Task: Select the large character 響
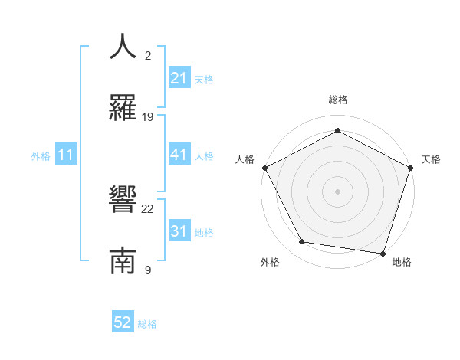click(123, 200)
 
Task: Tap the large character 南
click(123, 260)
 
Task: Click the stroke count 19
click(148, 117)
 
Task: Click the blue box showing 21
click(179, 78)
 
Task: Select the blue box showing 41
click(179, 155)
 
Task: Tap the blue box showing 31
click(179, 232)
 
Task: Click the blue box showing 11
click(66, 155)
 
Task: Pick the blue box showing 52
click(123, 323)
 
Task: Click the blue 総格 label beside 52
click(147, 324)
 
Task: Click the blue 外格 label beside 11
click(41, 156)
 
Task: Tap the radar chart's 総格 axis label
click(338, 100)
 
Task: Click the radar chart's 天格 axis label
click(432, 159)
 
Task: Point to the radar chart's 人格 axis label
click(245, 159)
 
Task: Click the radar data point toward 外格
click(302, 242)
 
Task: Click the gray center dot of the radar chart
click(338, 191)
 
